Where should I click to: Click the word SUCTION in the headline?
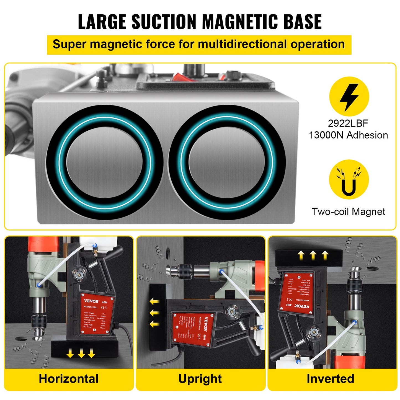click(x=164, y=22)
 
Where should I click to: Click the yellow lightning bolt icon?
click(x=349, y=97)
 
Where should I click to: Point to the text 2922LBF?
click(x=348, y=123)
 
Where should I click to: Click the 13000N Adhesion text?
click(x=348, y=135)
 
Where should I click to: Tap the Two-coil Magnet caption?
click(x=348, y=212)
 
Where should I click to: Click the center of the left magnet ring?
click(x=104, y=162)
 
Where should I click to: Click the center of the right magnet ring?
click(x=227, y=162)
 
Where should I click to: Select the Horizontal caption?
click(x=69, y=379)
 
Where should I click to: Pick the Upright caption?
click(x=200, y=379)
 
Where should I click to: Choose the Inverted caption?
click(x=330, y=379)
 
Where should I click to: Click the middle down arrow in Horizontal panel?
click(x=81, y=353)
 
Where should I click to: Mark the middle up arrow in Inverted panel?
click(x=313, y=255)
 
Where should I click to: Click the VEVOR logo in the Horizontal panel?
click(x=91, y=301)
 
